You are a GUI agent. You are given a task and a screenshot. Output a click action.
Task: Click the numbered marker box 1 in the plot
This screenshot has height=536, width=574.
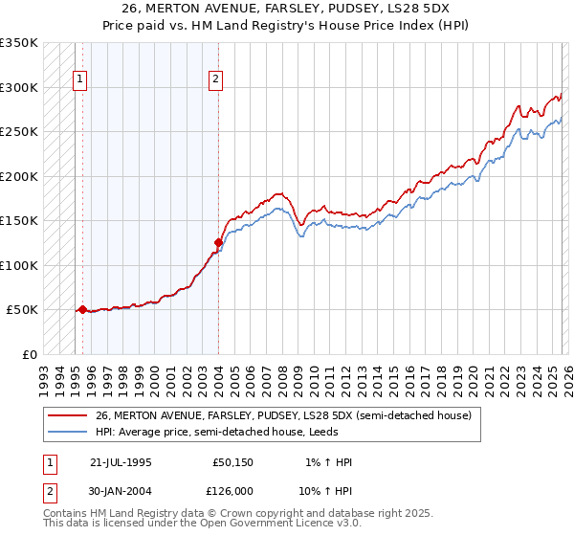79,79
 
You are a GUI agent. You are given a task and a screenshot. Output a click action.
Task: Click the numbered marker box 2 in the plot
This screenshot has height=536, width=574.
217,79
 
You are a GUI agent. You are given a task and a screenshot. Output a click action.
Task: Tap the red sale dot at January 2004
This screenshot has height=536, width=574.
218,242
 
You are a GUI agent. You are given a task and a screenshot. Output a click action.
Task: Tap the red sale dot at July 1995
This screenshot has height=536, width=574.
83,309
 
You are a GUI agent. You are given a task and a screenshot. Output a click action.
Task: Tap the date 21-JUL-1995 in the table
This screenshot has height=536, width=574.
121,462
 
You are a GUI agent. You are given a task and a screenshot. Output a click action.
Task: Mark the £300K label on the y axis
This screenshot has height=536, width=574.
19,87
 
